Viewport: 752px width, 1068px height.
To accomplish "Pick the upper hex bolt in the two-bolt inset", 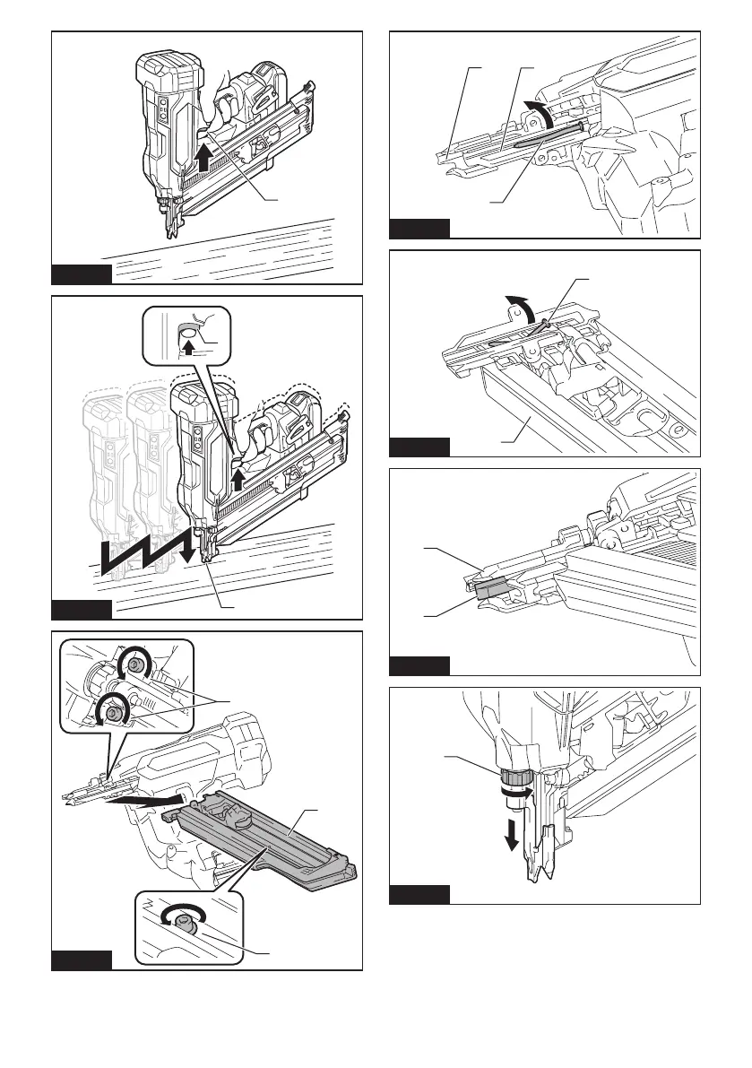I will pos(137,664).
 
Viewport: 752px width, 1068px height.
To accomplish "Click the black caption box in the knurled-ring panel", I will pos(419,894).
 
